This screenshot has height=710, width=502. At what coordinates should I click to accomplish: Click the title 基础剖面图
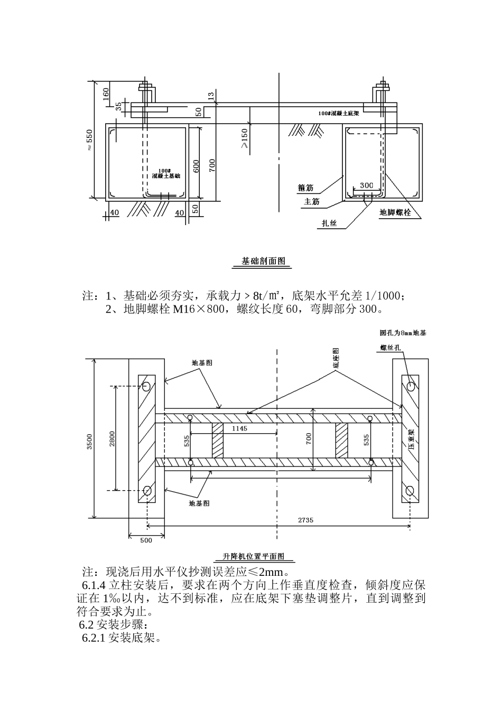coord(263,261)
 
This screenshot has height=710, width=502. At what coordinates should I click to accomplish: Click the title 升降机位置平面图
coord(253,556)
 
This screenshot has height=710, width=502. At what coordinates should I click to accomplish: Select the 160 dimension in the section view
coord(106,94)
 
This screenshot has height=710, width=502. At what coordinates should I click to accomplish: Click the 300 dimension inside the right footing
coord(366,185)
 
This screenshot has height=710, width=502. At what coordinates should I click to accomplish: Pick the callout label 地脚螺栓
coord(395,213)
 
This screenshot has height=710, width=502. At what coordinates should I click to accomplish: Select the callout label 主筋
coord(311,201)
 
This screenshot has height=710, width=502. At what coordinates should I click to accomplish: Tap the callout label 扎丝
coord(330,223)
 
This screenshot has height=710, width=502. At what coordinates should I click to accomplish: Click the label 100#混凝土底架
coord(339,113)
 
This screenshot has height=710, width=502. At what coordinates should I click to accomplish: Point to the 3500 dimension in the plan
coord(90,442)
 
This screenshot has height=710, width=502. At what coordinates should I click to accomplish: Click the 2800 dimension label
coord(112,439)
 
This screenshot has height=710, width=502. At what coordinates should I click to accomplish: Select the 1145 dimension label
coord(239,429)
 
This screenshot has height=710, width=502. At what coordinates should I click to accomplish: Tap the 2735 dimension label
coord(305,520)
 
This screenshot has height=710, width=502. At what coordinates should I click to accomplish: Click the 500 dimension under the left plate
coord(146,540)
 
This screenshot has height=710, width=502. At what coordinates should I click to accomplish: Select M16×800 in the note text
coord(199,309)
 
